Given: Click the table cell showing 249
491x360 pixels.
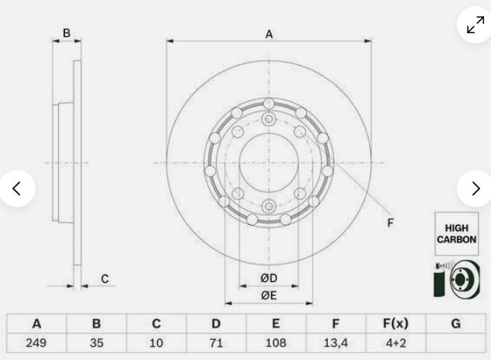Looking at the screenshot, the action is point(36,343).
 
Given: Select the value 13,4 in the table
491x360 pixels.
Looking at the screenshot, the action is point(336,343).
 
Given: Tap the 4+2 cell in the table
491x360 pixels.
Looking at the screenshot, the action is point(396,343).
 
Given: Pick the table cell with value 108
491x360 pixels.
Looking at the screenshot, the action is point(276,343).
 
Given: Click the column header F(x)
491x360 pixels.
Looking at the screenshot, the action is point(396,324).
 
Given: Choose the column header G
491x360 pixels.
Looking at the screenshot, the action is point(456,324).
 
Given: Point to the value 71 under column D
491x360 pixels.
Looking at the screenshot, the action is point(216,343).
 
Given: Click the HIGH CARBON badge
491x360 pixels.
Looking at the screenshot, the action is point(456,233).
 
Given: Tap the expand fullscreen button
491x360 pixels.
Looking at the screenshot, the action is point(475,25).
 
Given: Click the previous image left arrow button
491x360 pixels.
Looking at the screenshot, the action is point(17,188).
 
